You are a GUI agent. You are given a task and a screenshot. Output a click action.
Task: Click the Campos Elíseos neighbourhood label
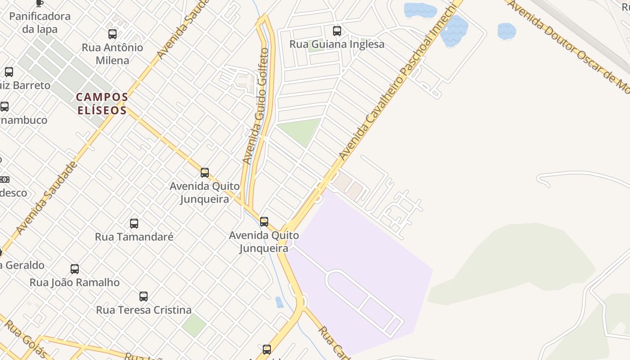pyautogui.click(x=102, y=103)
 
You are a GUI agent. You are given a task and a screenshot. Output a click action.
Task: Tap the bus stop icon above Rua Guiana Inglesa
pyautogui.click(x=337, y=31)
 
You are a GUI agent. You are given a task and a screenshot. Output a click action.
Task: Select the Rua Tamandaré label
pyautogui.click(x=134, y=237)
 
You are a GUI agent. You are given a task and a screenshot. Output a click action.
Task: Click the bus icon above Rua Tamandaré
pyautogui.click(x=134, y=224)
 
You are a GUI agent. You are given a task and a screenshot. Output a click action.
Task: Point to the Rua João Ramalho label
pyautogui.click(x=75, y=283)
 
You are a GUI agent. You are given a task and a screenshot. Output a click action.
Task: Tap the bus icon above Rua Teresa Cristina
pyautogui.click(x=144, y=297)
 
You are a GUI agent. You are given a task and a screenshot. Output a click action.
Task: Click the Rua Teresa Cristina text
pyautogui.click(x=144, y=310)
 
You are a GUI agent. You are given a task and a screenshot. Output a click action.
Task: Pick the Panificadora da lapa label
pyautogui.click(x=40, y=22)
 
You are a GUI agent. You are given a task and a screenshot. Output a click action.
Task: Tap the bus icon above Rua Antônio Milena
pyautogui.click(x=112, y=34)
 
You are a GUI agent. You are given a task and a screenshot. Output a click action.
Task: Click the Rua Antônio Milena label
pyautogui.click(x=112, y=54)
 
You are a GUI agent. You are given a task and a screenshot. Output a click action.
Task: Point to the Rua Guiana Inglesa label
pyautogui.click(x=337, y=44)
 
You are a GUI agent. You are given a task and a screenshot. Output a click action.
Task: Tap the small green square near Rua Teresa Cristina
pyautogui.click(x=194, y=325)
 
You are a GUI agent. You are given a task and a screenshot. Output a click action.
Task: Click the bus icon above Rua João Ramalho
pyautogui.click(x=75, y=269)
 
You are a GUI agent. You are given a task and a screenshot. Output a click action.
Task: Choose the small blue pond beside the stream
pyautogui.click(x=279, y=302)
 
